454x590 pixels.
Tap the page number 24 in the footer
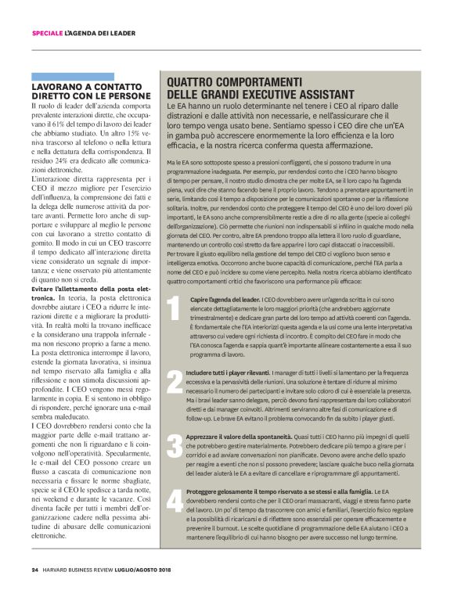click(x=35, y=569)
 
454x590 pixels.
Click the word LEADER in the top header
click(x=121, y=33)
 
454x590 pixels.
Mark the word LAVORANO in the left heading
click(x=57, y=85)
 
